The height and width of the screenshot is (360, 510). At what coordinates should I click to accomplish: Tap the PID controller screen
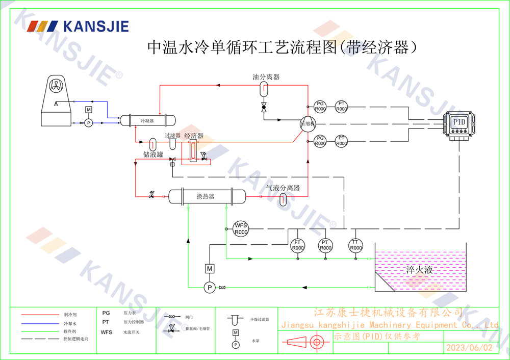tap(460, 122)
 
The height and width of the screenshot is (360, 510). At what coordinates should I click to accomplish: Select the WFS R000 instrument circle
tap(241, 228)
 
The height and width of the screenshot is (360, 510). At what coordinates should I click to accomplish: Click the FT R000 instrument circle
tap(297, 245)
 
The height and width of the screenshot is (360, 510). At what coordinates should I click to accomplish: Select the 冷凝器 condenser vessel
tap(147, 121)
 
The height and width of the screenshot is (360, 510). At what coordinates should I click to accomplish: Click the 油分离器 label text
tap(266, 77)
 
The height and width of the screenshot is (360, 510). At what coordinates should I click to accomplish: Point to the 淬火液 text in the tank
tap(419, 270)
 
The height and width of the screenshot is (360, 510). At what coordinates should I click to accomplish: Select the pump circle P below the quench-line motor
tap(209, 288)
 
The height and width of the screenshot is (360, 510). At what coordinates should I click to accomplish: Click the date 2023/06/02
tap(469, 348)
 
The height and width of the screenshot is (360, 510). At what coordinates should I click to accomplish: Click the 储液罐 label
tap(153, 154)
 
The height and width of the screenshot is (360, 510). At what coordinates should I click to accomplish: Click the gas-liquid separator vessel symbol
tap(284, 199)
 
